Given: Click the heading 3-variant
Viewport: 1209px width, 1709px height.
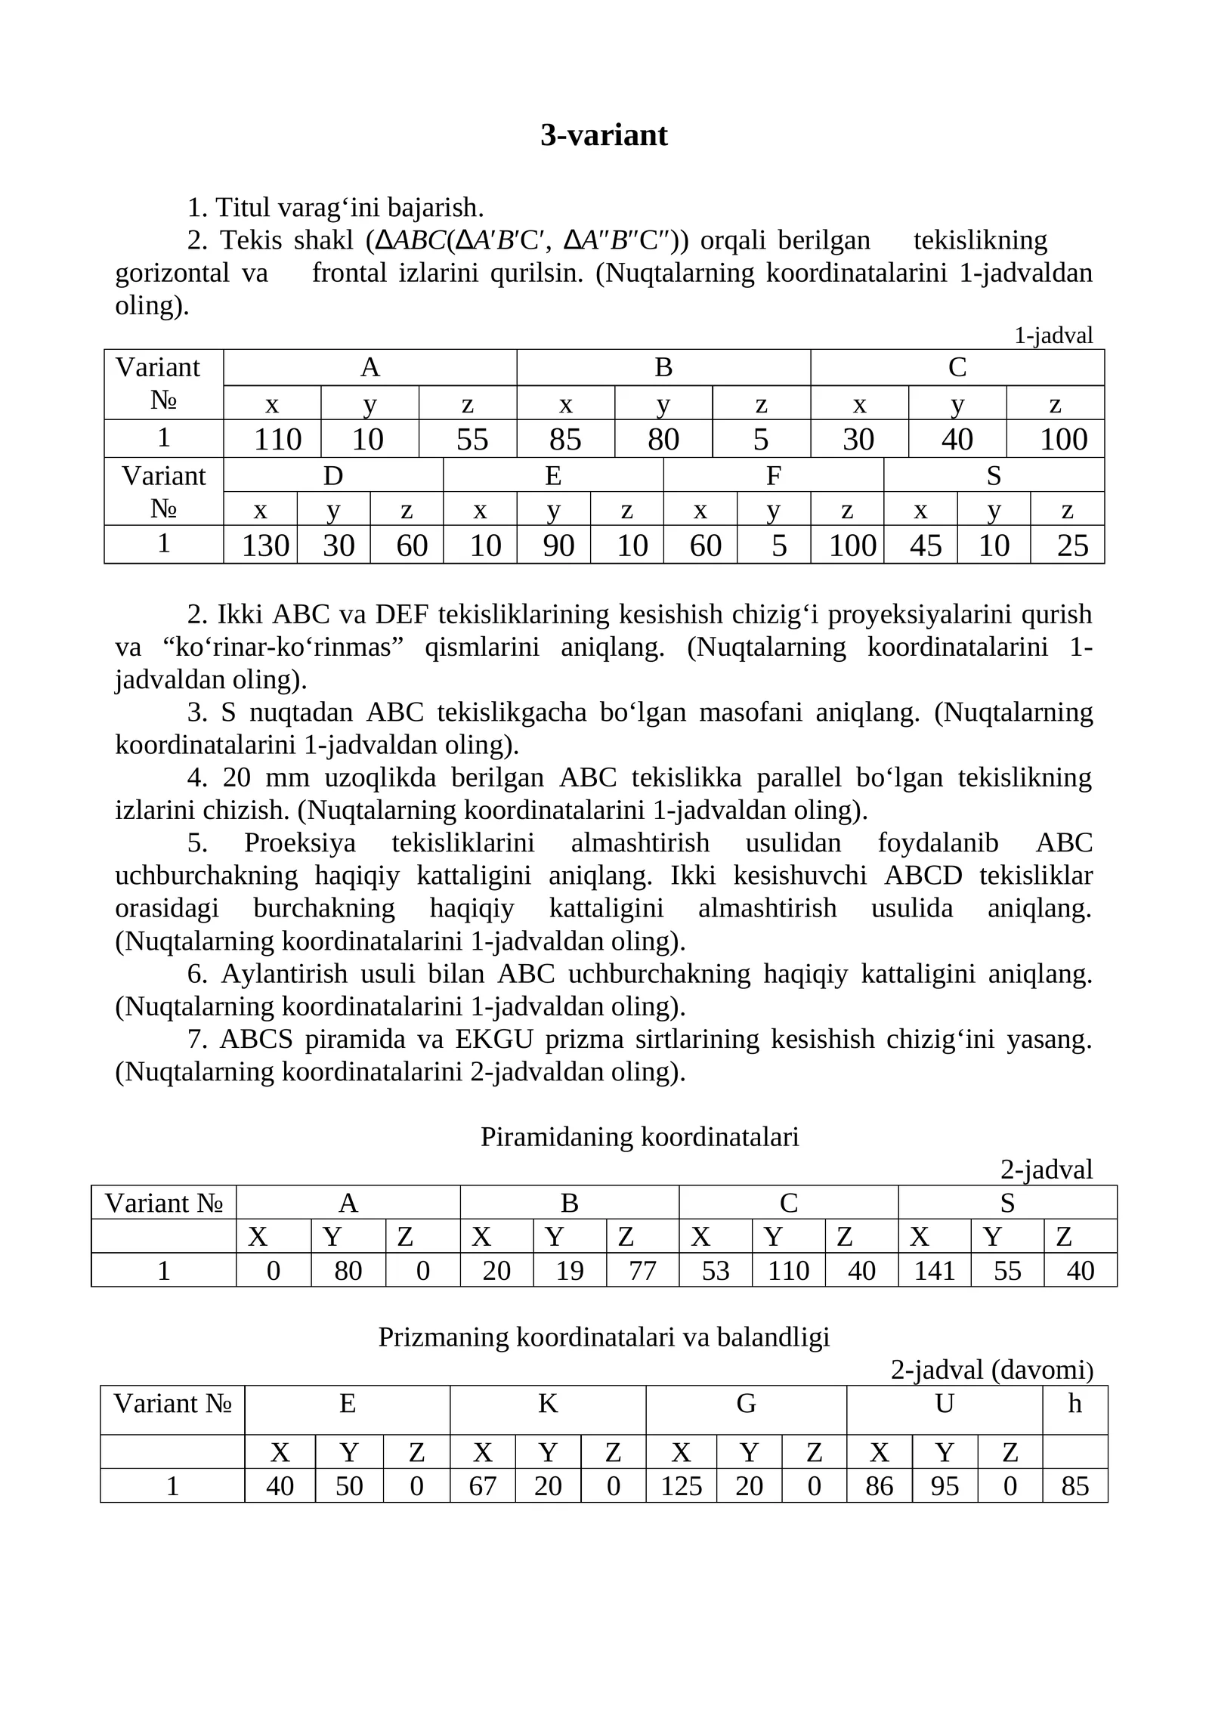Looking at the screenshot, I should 604,135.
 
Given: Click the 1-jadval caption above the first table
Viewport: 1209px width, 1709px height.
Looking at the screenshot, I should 1053,335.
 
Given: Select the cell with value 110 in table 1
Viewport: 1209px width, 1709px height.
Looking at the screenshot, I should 277,440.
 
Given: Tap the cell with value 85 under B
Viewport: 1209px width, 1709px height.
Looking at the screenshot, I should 565,440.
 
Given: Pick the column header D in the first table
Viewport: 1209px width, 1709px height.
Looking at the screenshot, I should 333,476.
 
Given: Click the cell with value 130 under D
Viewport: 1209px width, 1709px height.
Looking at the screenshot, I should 265,545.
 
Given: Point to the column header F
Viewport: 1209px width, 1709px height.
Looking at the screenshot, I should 773,476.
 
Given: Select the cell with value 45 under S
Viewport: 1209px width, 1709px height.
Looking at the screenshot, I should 925,545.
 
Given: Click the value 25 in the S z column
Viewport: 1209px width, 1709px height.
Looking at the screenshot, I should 1072,545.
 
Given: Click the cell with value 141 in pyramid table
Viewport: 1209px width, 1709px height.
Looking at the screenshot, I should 935,1271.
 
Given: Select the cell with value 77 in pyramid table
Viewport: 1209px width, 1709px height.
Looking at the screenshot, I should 642,1271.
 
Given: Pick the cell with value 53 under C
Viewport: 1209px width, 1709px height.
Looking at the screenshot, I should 715,1271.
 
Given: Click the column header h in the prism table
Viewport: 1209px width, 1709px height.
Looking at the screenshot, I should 1074,1404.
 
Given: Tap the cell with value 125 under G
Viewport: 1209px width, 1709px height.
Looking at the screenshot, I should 681,1486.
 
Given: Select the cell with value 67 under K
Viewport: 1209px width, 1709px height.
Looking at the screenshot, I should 482,1486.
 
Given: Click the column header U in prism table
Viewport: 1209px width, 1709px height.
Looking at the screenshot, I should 944,1404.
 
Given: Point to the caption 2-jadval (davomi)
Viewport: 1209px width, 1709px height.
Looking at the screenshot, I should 991,1370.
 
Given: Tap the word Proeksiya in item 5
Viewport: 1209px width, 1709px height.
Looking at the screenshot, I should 299,842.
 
